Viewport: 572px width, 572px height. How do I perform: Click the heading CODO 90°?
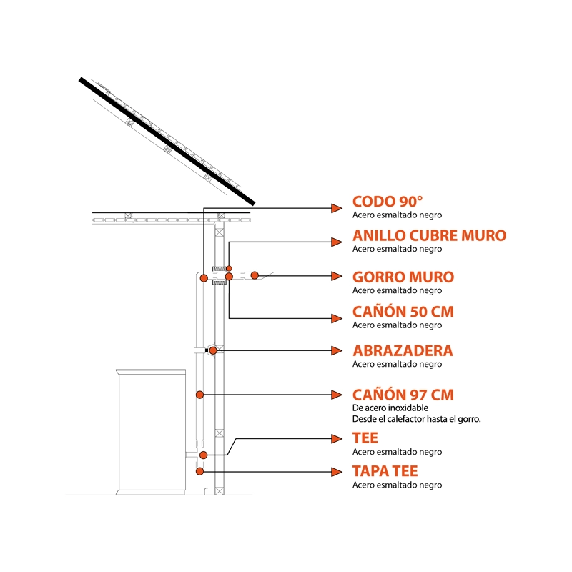coord(388,202)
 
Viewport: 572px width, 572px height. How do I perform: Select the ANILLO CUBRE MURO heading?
coord(430,236)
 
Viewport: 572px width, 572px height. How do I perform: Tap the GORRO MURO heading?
coord(403,277)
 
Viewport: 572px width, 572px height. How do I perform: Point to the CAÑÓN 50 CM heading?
coord(403,312)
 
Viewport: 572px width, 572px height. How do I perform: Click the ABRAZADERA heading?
coord(403,351)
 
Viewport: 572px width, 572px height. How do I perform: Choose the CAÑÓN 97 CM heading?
coord(403,395)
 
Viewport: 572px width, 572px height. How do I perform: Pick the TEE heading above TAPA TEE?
coord(365,438)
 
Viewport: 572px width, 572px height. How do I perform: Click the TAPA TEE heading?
coord(385,471)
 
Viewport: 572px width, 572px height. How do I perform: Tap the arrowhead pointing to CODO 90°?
coord(337,208)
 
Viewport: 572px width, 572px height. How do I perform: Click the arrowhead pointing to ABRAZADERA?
coord(337,351)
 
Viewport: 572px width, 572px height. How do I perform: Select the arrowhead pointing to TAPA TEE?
coord(337,472)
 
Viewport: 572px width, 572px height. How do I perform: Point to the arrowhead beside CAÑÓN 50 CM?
coord(337,318)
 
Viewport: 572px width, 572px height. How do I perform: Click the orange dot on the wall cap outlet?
coord(255,275)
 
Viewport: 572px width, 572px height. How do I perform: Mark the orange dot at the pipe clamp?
coord(213,351)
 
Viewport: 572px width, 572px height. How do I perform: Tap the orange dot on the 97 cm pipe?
coord(199,395)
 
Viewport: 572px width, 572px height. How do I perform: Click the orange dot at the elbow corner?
coord(204,278)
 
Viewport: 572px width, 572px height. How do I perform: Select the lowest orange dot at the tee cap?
coord(199,472)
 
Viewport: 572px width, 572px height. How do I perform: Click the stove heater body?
coord(151,433)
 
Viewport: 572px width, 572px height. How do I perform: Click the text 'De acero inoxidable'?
coord(390,408)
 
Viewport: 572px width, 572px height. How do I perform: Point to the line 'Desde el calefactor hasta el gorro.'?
coord(416,419)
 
